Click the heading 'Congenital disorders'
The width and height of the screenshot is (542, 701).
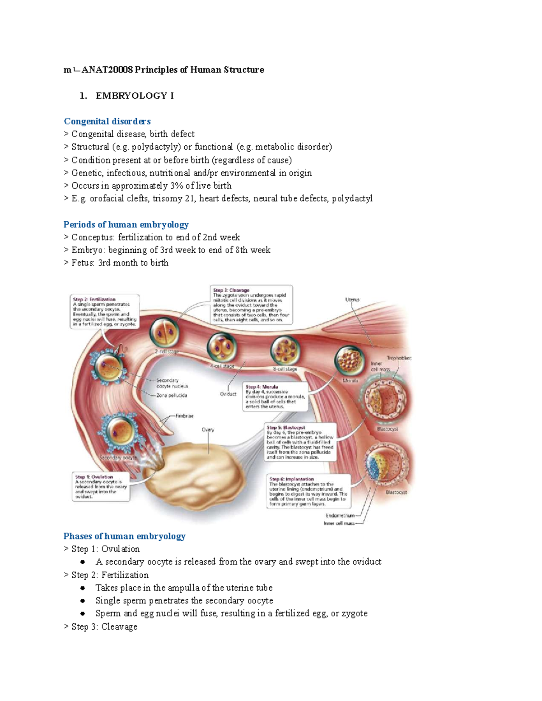point(107,121)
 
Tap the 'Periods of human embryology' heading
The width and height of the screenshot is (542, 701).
point(126,225)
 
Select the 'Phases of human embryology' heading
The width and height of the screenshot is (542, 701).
point(124,536)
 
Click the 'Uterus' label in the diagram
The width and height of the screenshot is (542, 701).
point(352,299)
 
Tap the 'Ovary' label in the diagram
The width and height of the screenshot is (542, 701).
point(208,430)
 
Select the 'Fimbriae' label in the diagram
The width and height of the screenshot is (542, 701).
point(184,416)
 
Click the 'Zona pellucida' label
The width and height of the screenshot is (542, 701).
point(172,395)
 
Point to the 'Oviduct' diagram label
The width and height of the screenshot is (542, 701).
point(228,394)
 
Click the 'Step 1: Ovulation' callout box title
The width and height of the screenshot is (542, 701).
point(94,477)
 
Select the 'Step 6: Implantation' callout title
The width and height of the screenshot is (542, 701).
point(291,479)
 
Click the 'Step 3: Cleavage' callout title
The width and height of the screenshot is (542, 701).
point(231,290)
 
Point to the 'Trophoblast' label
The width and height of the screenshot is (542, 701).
point(399,358)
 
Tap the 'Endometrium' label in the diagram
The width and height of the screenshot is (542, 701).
point(340,515)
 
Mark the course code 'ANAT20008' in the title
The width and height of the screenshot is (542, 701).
point(107,70)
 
